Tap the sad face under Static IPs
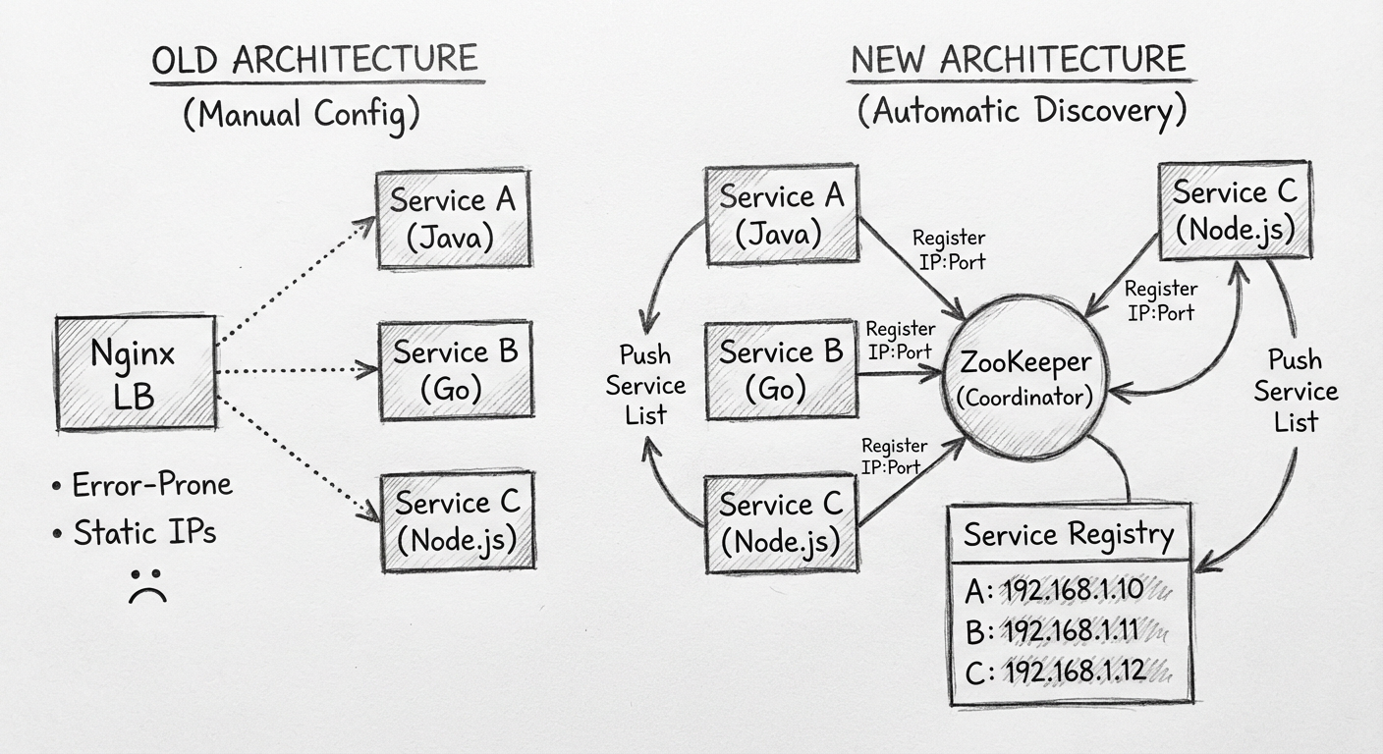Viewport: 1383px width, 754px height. point(146,583)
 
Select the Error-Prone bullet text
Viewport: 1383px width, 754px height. point(153,485)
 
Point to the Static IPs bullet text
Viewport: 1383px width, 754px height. point(144,533)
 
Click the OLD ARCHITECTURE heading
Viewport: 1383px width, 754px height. point(314,60)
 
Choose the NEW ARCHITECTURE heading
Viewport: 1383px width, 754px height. point(1018,60)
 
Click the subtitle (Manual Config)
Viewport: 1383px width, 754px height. point(301,114)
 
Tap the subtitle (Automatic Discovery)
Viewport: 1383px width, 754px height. point(1022,111)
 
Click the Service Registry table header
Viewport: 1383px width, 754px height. point(1069,535)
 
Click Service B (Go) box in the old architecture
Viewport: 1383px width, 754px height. point(455,371)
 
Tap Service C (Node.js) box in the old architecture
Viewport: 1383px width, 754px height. point(458,520)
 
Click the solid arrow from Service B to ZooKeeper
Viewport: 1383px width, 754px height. point(900,373)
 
